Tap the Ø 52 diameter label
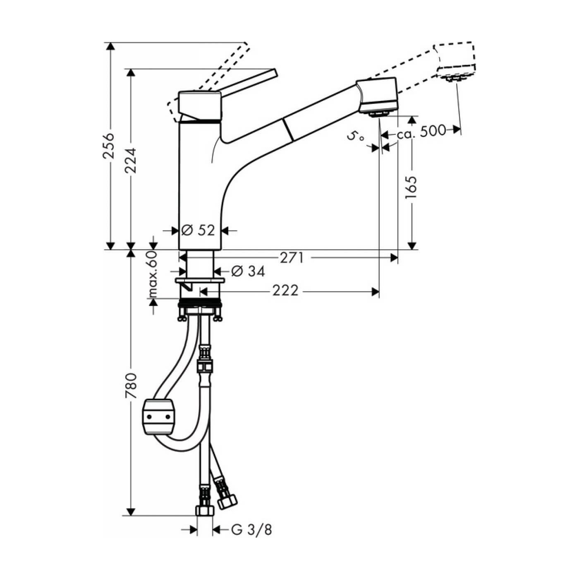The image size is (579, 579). pyautogui.click(x=199, y=230)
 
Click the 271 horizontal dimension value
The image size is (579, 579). pyautogui.click(x=292, y=258)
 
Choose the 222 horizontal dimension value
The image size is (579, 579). pyautogui.click(x=285, y=291)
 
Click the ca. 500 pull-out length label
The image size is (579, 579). pyautogui.click(x=421, y=131)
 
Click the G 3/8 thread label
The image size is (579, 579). pyautogui.click(x=251, y=530)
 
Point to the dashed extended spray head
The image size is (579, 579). pyautogui.click(x=455, y=60)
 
